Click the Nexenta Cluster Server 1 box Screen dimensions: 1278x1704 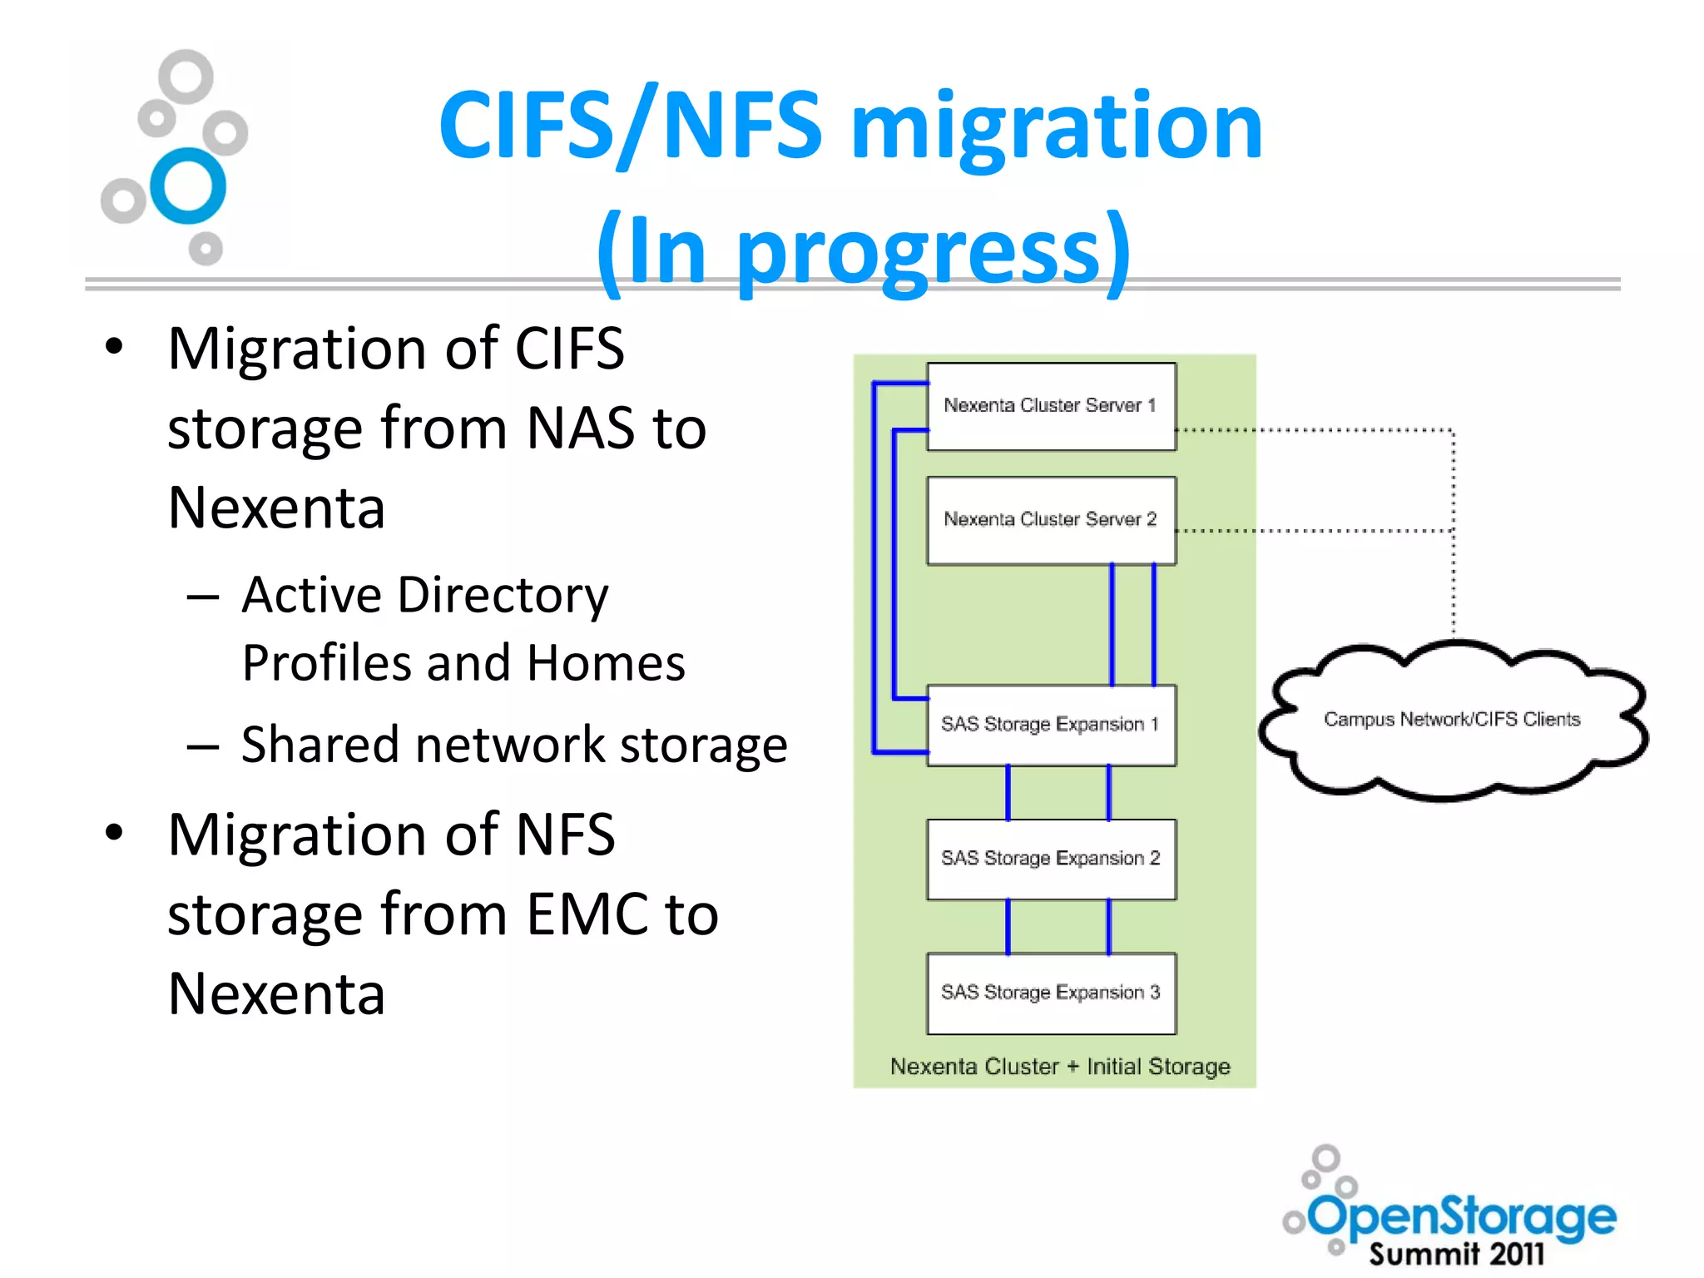click(1051, 407)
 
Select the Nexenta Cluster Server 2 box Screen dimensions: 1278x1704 click(1051, 521)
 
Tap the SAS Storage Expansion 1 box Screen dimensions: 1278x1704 click(1051, 725)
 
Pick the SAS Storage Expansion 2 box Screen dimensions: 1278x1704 click(1051, 859)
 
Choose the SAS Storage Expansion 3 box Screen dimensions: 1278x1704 click(1051, 993)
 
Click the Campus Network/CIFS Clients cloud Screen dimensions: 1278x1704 click(1452, 720)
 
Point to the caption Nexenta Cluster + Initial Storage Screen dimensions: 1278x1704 click(1059, 1067)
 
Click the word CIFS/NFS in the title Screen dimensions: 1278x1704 click(631, 126)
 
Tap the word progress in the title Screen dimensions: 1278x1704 click(919, 251)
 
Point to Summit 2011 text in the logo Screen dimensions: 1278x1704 click(1456, 1254)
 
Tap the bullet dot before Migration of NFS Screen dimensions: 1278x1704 click(114, 832)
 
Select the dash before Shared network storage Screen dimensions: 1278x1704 click(203, 746)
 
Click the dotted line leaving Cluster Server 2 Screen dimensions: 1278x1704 click(1315, 531)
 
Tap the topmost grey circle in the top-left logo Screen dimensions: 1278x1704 click(186, 77)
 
